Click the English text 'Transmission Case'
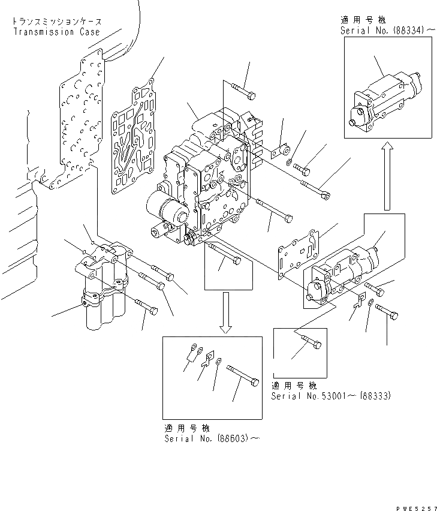tap(56, 31)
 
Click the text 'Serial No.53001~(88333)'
tap(331, 396)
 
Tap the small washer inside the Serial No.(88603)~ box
tap(219, 361)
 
